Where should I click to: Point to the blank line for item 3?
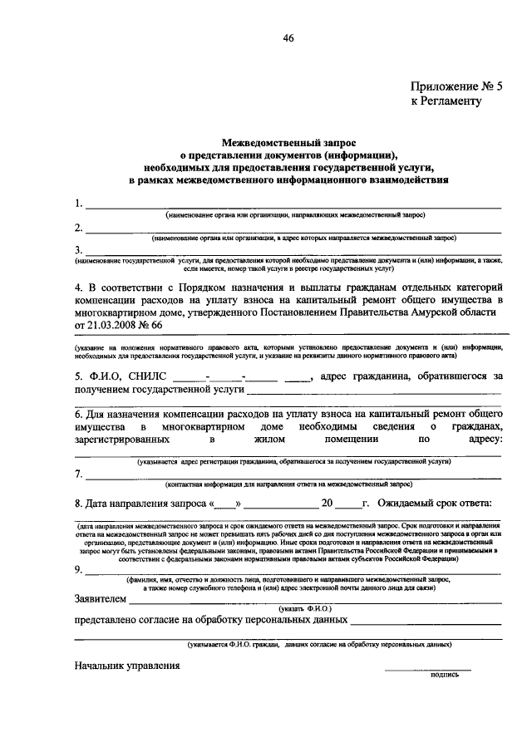(x=291, y=253)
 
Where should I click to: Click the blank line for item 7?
(x=291, y=477)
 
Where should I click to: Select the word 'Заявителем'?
(x=101, y=598)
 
